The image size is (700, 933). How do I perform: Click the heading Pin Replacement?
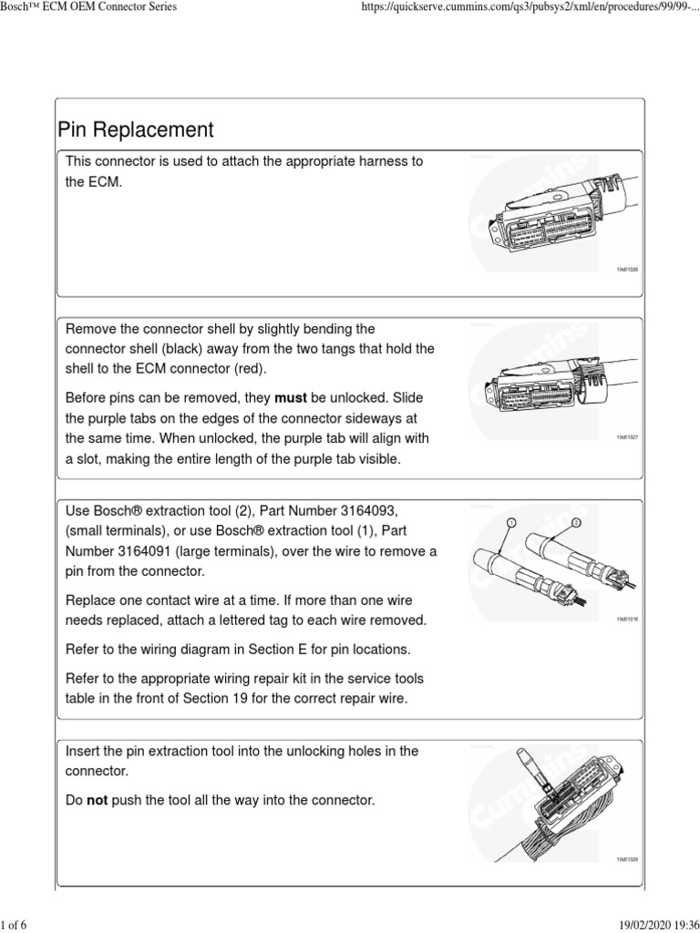coord(135,129)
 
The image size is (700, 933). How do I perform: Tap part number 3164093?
coord(365,511)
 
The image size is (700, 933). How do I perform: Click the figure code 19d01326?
coord(627,270)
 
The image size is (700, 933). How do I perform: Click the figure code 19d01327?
coord(627,437)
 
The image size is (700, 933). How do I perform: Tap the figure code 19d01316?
coord(627,619)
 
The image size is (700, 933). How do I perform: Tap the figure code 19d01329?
coord(627,859)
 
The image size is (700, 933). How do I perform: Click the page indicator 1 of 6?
coord(15,926)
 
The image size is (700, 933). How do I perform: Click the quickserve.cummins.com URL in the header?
coord(524,7)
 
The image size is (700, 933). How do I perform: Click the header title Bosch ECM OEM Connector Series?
coord(88,7)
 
